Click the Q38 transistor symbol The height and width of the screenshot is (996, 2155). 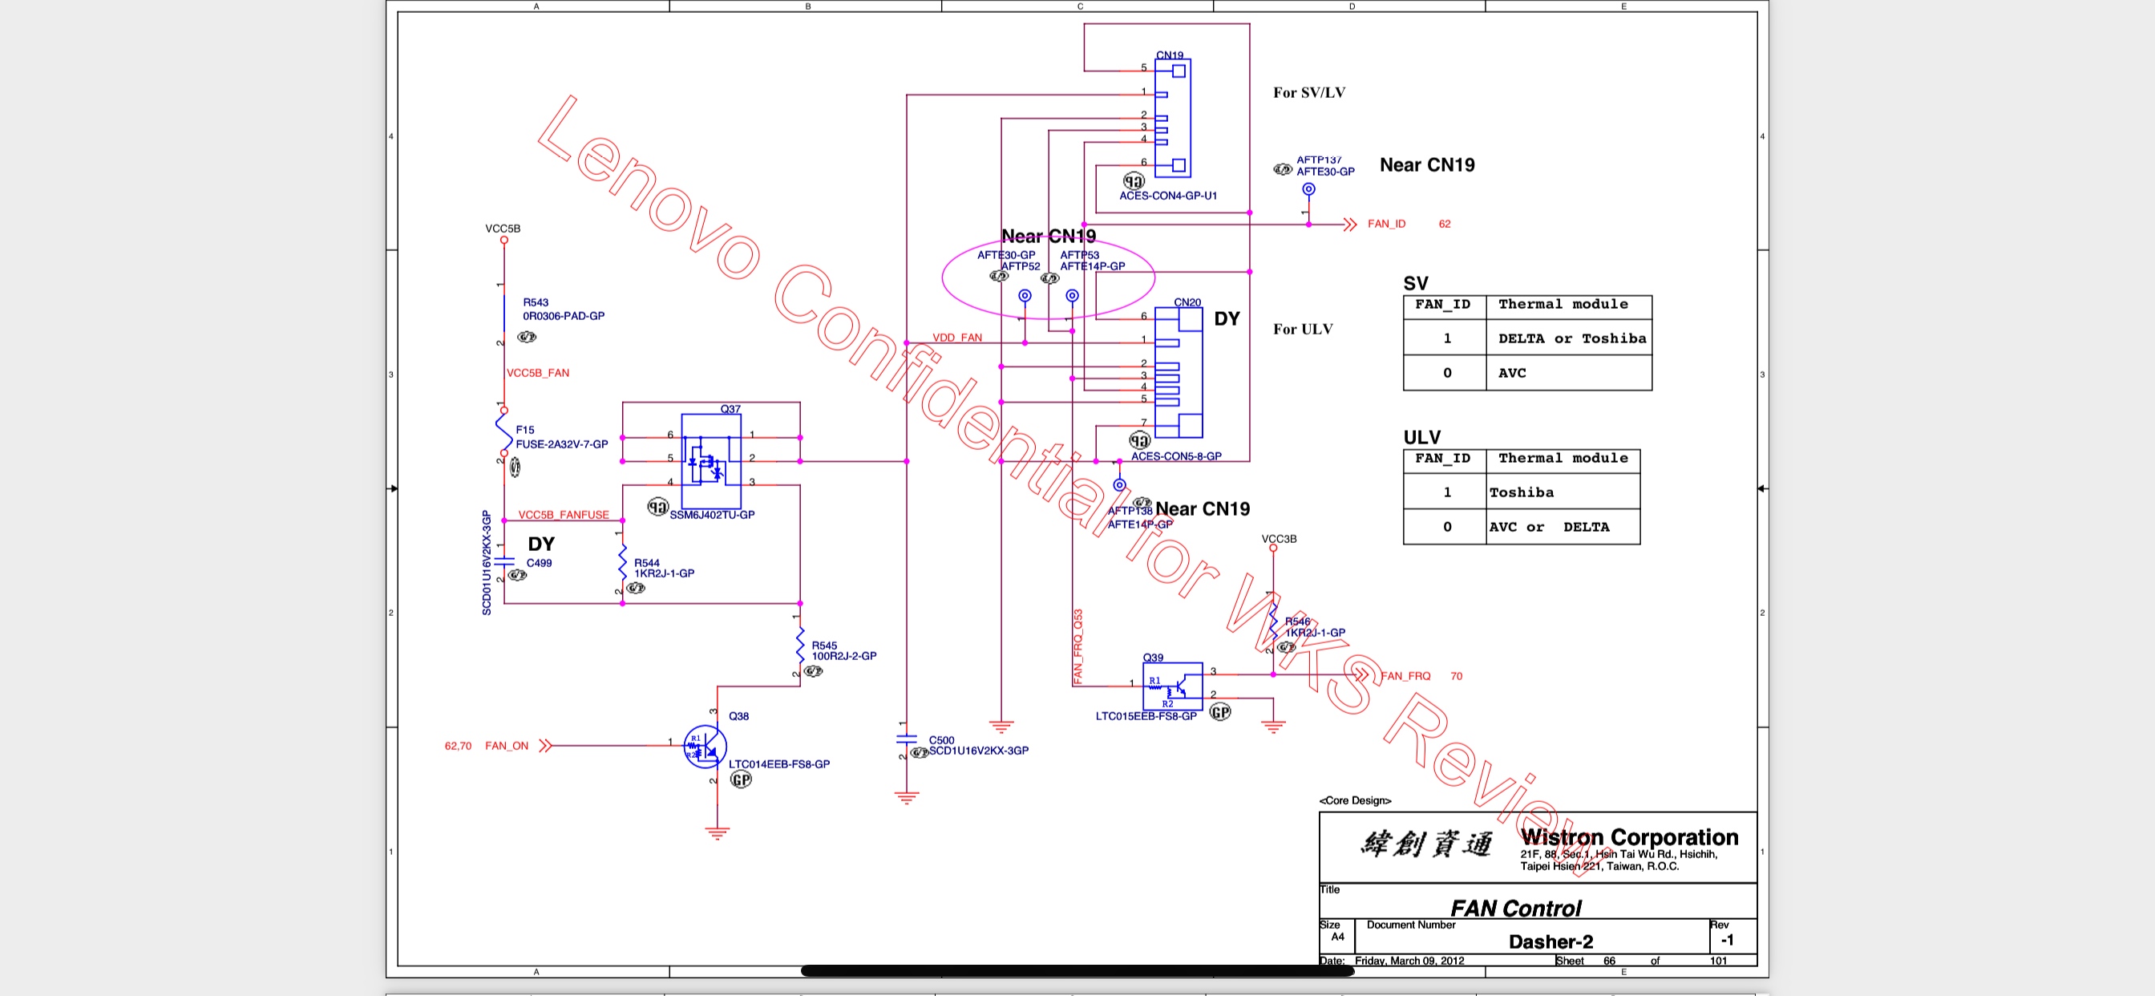tap(705, 746)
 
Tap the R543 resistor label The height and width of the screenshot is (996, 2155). tap(536, 303)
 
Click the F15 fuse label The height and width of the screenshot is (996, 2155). tap(524, 430)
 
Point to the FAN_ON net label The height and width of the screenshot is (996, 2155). tap(506, 746)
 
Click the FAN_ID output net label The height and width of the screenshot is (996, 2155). tap(1386, 225)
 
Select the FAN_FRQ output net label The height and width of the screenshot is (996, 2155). tap(1405, 676)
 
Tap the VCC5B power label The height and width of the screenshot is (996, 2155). tap(503, 229)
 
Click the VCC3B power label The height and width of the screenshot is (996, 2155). tap(1278, 539)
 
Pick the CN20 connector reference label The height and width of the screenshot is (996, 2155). tap(1187, 302)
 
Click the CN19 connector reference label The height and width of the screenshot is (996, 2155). tap(1170, 55)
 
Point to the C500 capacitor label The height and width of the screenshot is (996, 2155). tap(941, 740)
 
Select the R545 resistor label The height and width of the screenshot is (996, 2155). tap(824, 646)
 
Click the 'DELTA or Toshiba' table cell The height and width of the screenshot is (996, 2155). tap(1571, 339)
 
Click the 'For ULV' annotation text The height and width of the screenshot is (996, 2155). tap(1303, 330)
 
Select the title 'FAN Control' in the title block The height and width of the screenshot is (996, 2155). tap(1515, 908)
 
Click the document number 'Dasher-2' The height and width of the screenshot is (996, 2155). tap(1551, 941)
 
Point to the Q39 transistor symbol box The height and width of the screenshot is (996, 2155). tap(1172, 687)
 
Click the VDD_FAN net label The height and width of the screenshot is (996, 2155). tap(957, 338)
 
